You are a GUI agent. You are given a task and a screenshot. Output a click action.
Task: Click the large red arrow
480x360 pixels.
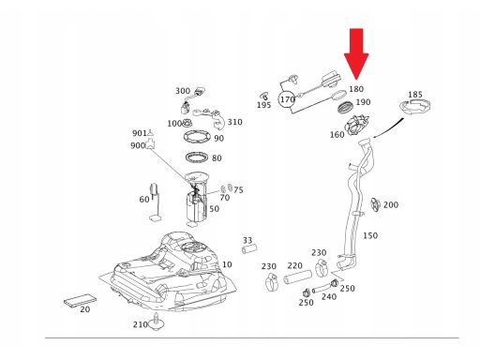pos(356,53)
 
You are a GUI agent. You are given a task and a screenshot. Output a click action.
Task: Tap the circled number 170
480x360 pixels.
pos(287,99)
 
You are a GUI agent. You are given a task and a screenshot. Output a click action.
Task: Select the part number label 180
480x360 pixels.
pos(356,89)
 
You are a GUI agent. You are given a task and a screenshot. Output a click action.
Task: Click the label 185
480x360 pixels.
pos(415,95)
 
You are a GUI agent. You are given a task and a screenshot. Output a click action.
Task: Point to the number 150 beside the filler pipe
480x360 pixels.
pos(370,235)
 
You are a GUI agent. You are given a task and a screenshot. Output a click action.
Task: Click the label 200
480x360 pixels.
pos(391,205)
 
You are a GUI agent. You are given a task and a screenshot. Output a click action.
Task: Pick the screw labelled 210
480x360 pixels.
pos(157,322)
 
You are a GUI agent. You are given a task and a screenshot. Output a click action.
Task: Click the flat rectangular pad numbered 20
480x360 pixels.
pos(80,301)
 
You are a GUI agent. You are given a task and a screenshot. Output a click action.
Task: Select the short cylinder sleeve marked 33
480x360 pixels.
pos(249,249)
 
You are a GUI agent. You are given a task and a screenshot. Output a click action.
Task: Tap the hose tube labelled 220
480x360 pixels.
pos(297,277)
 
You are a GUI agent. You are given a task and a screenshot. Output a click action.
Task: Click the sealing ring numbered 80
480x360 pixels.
pos(197,157)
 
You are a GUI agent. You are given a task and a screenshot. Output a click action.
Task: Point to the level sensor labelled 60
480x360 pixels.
pos(156,202)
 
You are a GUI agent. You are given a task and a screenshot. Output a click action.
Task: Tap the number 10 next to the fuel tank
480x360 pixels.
pos(227,264)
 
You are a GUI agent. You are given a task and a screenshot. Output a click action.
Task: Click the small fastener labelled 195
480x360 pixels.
pos(264,97)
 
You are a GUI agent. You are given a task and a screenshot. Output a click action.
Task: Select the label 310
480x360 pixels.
pos(234,122)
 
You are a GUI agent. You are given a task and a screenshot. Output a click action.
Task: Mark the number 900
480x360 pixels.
pos(138,145)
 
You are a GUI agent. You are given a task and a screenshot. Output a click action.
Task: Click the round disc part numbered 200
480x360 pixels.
pos(376,205)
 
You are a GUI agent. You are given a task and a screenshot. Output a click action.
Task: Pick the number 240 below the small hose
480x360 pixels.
pos(329,296)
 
